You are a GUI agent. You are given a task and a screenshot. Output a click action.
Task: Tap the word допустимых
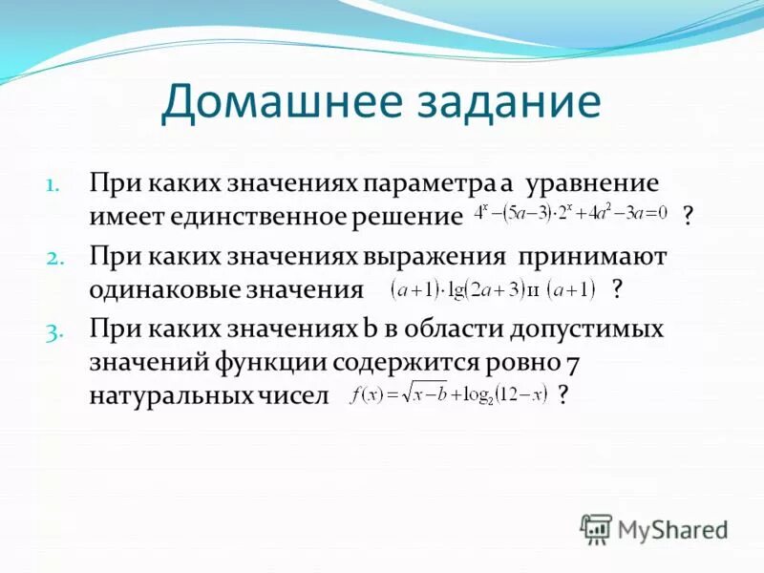tap(589, 329)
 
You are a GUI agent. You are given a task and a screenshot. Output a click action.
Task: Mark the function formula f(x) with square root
tap(448, 393)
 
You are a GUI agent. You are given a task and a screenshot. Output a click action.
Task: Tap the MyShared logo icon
tap(596, 528)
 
